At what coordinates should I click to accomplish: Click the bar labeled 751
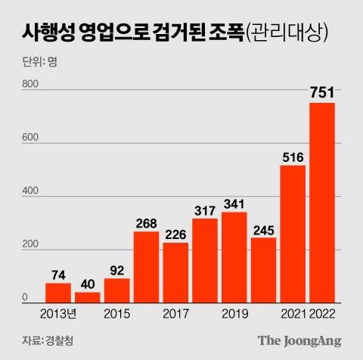point(322,203)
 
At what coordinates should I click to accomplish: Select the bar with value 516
point(293,234)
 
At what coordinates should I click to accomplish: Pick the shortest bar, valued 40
point(87,297)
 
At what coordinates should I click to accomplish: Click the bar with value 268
point(146,267)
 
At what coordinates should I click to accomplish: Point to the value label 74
point(57,274)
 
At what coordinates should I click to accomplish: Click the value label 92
point(116,269)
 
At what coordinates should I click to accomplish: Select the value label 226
point(175,234)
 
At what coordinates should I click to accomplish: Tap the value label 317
point(204,209)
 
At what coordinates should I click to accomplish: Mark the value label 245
point(263,228)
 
